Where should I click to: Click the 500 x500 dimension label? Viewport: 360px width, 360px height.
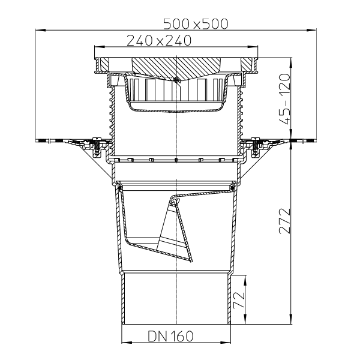pos(196,24)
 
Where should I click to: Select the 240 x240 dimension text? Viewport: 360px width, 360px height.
pos(159,40)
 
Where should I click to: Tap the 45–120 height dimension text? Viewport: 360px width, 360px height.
pos(284,99)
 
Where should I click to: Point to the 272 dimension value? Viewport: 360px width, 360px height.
pos(284,221)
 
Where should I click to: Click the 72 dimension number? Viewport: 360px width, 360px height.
pos(239,300)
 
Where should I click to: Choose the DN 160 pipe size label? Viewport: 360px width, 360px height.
pos(170,336)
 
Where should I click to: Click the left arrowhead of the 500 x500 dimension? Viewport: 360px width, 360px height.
pos(40,30)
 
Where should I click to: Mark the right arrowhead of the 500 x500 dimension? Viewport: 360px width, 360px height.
pos(311,30)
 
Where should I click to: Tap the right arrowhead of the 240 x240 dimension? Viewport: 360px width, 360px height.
pos(253,47)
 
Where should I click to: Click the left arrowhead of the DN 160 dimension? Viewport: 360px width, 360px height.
pos(126,343)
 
